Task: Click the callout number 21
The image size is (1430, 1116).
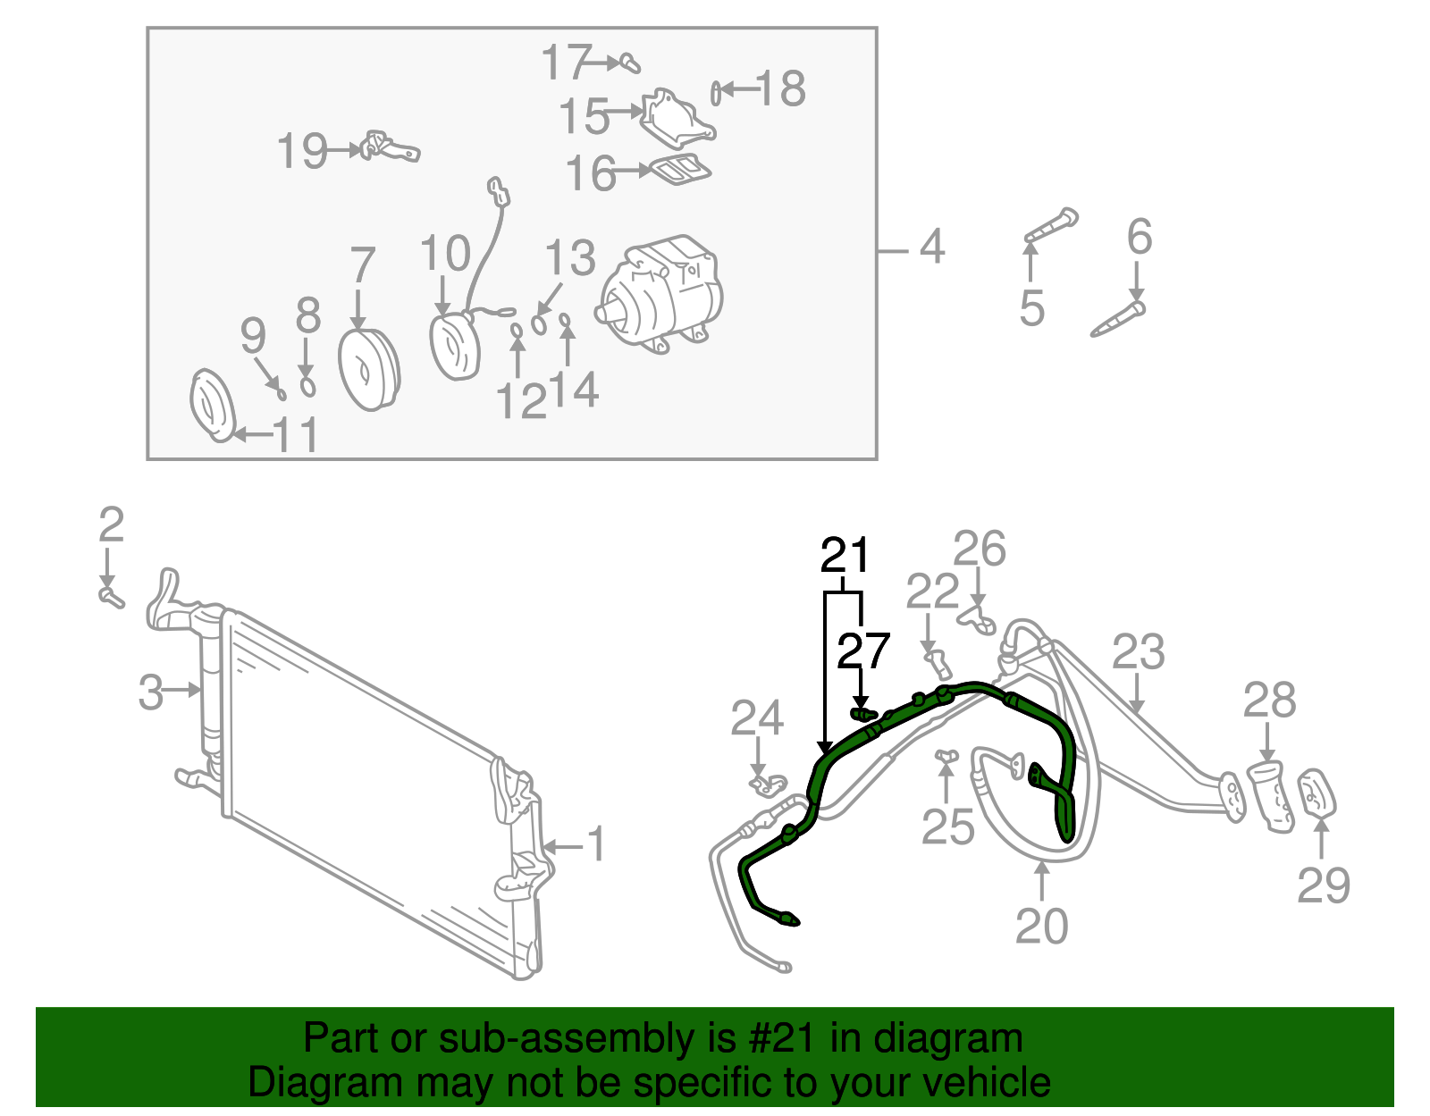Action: coord(845,556)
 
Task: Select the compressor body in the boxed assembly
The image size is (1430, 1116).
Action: coord(661,295)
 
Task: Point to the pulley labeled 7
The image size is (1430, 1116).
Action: coord(368,369)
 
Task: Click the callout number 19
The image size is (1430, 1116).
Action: coord(301,151)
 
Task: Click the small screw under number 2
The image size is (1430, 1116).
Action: coord(110,595)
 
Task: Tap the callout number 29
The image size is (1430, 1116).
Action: coord(1323,885)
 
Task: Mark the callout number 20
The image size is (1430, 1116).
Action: coord(1041,926)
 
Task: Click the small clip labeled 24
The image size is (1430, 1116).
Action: coord(767,785)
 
